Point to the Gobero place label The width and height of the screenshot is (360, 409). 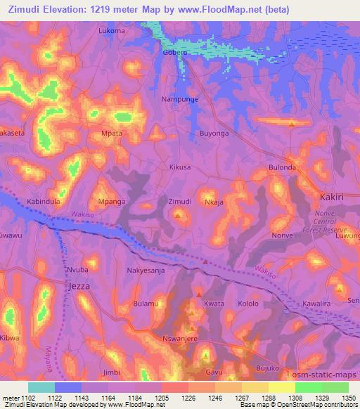coord(176,53)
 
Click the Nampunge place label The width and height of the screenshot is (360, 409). coord(180,100)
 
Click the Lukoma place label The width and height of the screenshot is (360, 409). coord(112,31)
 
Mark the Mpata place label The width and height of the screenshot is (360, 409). coord(112,132)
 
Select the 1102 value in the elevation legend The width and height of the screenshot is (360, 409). coord(28,398)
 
